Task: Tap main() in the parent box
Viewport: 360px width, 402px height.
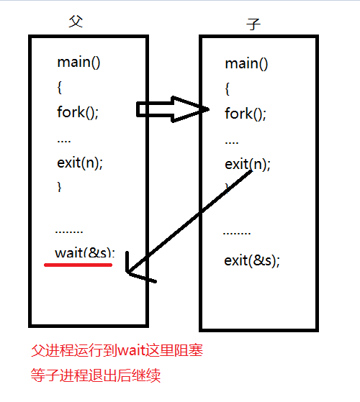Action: pos(78,62)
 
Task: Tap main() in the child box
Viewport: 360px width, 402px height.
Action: pos(246,64)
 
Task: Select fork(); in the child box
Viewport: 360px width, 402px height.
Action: pos(246,114)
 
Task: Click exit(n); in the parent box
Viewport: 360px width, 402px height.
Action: pos(80,162)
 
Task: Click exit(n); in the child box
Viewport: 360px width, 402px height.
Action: pos(247,164)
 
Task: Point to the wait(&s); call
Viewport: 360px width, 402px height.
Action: pos(84,253)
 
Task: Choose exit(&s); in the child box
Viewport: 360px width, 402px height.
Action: pos(252,260)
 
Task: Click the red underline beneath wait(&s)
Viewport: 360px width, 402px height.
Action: pos(78,265)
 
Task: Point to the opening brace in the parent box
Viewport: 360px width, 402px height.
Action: pos(60,87)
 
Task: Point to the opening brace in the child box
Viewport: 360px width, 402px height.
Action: pos(228,89)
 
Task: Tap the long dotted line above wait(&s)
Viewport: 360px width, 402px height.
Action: pos(69,232)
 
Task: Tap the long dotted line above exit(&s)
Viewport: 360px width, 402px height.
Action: pos(237,234)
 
